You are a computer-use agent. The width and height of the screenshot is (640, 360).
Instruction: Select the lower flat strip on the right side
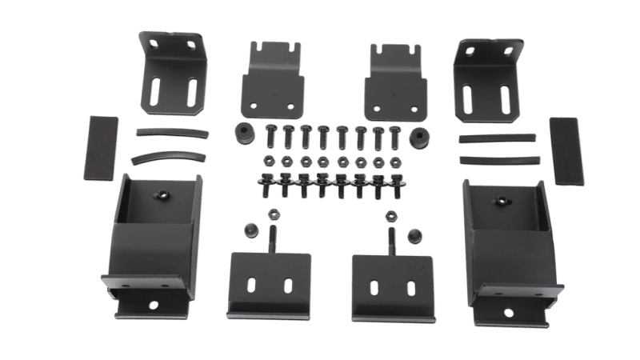[497, 159]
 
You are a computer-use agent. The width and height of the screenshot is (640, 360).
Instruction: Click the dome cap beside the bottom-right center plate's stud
[414, 234]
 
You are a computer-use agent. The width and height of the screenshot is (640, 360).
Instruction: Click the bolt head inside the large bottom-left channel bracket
[163, 194]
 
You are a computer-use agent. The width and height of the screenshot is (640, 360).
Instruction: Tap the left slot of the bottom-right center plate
[375, 285]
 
